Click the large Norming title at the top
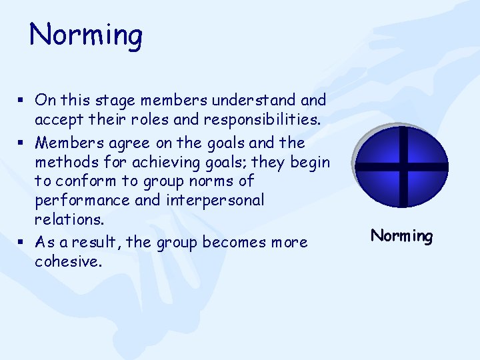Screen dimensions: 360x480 point(86,35)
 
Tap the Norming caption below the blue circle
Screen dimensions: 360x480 point(401,236)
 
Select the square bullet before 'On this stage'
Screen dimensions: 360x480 point(21,101)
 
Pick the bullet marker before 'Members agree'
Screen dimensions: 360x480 point(21,143)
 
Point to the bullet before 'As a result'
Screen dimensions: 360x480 point(21,243)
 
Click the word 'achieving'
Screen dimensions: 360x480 point(160,162)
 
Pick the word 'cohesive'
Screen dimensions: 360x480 point(67,262)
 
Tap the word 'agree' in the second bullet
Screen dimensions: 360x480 point(131,143)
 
